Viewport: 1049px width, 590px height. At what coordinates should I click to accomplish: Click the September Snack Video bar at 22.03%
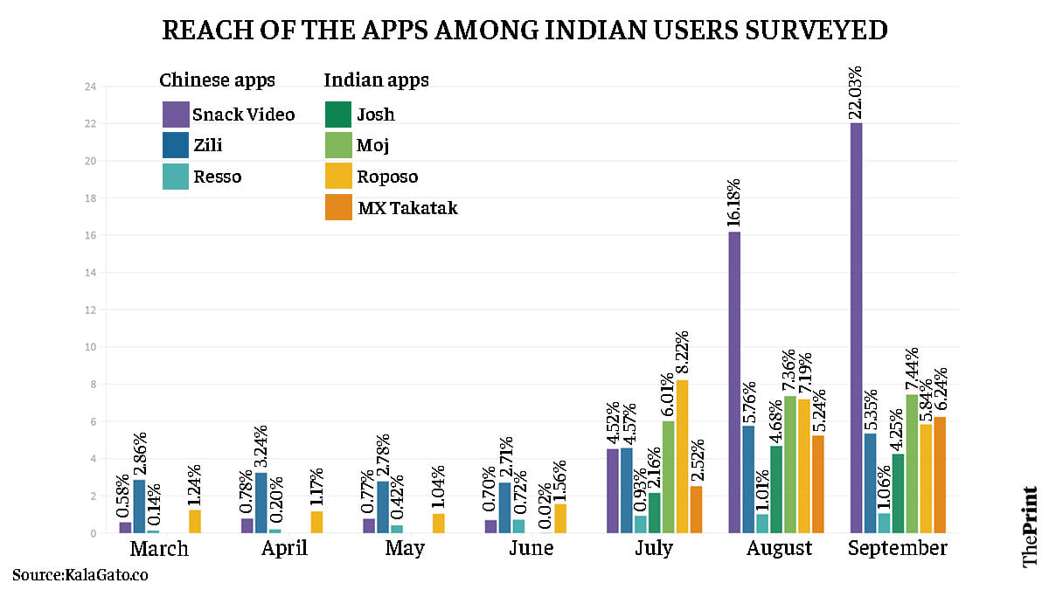857,328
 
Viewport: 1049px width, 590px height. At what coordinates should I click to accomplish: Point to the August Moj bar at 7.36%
789,464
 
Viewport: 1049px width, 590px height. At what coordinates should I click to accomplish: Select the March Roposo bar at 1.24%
194,522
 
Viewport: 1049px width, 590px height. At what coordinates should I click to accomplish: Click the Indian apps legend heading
376,80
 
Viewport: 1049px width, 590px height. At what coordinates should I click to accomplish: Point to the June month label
531,549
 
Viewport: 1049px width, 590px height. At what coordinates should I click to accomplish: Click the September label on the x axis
897,549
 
